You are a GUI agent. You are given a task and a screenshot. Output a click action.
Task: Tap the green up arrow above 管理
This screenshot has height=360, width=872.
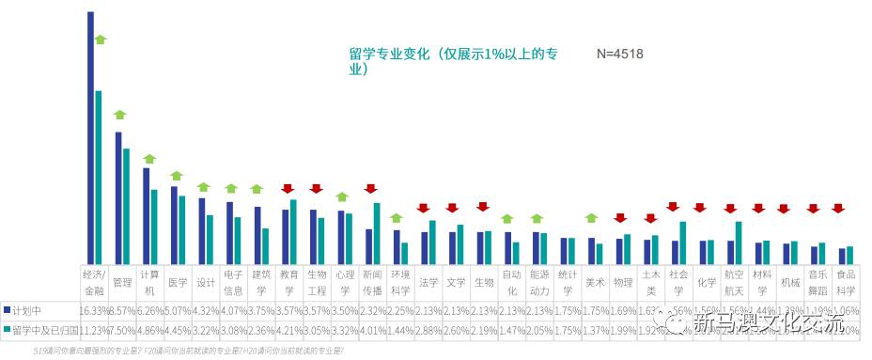(x=119, y=115)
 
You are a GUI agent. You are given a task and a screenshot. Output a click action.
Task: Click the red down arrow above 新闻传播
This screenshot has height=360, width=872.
(x=370, y=189)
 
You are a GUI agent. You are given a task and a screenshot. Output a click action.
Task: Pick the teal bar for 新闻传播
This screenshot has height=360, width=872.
(x=377, y=233)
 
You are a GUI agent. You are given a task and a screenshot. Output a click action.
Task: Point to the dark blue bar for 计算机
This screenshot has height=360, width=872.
(x=146, y=215)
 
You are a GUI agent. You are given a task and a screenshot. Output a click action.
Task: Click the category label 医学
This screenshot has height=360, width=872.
(x=178, y=282)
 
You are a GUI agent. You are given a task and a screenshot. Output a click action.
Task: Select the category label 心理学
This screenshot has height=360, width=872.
(x=345, y=282)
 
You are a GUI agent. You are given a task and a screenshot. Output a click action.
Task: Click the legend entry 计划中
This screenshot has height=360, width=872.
(x=26, y=310)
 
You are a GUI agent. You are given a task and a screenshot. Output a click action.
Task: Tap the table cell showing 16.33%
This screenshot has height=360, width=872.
(x=94, y=310)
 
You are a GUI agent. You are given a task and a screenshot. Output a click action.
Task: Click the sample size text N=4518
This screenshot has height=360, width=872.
(x=620, y=55)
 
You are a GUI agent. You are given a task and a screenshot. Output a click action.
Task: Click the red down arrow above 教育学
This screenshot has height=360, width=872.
(x=288, y=189)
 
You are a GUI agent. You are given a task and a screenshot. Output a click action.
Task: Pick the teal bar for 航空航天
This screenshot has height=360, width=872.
(x=740, y=243)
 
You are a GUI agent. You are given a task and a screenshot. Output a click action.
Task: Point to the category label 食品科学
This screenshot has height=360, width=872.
(x=846, y=282)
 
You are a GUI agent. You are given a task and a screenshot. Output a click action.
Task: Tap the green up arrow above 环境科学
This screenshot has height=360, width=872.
(x=397, y=218)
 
